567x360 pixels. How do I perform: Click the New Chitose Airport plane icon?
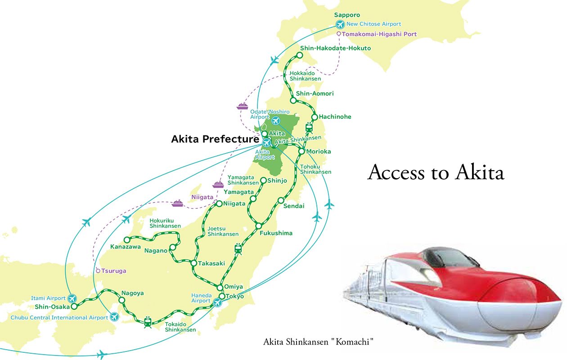[x=340, y=25]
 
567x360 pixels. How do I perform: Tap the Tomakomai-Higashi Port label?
[x=379, y=34]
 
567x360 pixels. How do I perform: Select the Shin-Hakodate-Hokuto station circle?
[x=299, y=56]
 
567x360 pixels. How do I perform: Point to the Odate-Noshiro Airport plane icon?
[x=275, y=121]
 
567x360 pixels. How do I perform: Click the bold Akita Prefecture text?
[x=215, y=139]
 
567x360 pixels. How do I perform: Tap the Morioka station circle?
[x=302, y=151]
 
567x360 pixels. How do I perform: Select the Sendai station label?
[x=294, y=206]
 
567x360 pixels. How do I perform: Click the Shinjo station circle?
[x=264, y=181]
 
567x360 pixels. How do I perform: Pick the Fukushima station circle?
[x=259, y=226]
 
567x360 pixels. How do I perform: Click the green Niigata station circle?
[x=219, y=204]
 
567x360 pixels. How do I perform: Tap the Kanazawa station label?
[x=126, y=247]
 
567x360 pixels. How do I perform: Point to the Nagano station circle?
[x=172, y=247]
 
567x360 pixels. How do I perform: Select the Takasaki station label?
[x=211, y=263]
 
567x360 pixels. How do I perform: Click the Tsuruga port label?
[x=113, y=271]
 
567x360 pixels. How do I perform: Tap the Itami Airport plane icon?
[x=73, y=298]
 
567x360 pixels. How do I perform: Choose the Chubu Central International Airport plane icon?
[x=114, y=317]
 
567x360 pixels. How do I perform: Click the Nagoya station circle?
[x=122, y=300]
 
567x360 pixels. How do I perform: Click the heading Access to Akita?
[x=436, y=173]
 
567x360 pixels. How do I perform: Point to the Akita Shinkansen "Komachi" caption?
[x=319, y=342]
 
